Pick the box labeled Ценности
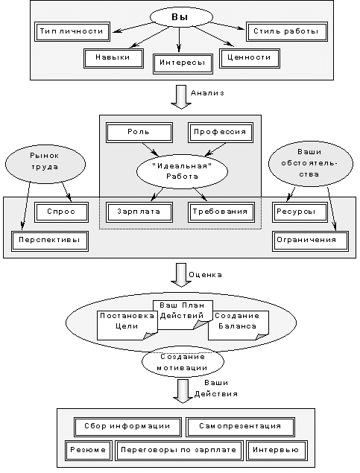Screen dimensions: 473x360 pos(250,57)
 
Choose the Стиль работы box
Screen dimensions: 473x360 pos(285,32)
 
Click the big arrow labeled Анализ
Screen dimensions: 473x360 pos(179,95)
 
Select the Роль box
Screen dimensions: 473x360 pos(139,133)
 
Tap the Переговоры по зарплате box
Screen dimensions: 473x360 pos(180,451)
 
